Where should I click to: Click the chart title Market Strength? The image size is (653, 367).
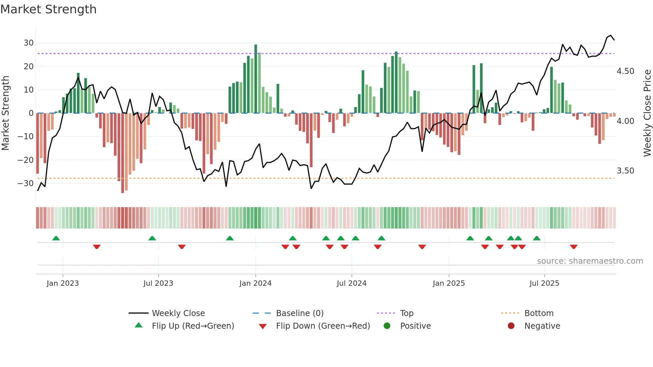(48, 9)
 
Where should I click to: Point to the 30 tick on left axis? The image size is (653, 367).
(29, 43)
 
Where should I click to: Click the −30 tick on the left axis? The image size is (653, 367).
(26, 183)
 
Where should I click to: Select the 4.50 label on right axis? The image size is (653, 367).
(625, 71)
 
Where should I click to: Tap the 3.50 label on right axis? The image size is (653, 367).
(625, 171)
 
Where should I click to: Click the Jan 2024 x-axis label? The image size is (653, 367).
(255, 283)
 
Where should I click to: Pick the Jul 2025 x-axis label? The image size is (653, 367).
(544, 283)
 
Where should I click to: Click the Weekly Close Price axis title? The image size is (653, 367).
(647, 113)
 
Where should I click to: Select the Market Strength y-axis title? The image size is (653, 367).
(5, 113)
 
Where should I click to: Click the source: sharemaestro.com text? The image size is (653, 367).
(590, 261)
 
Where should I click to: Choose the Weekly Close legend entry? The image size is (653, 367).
(178, 313)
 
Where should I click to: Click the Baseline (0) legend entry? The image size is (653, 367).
(300, 313)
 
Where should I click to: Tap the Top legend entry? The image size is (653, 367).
(406, 313)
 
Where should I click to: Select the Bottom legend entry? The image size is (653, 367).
(539, 313)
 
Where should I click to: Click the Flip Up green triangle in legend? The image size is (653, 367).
(139, 325)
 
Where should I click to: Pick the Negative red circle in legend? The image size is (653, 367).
(511, 326)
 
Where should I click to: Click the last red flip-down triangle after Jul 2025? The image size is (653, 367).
(573, 247)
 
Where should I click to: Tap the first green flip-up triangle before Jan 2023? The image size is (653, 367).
(56, 238)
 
